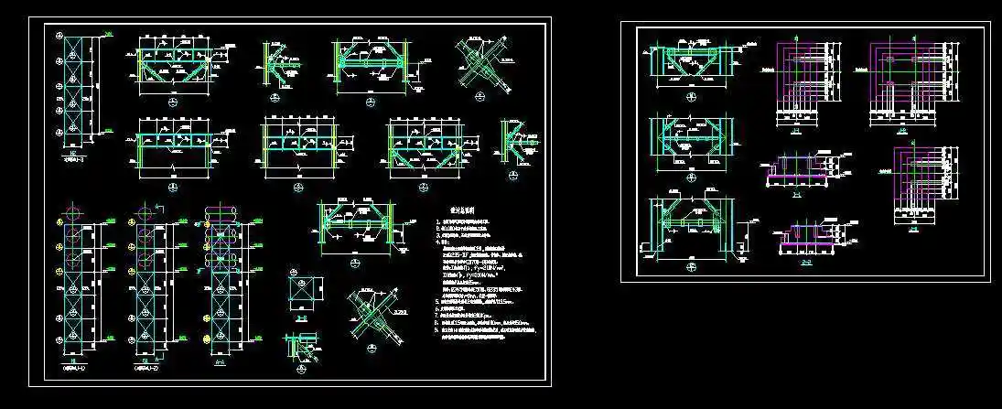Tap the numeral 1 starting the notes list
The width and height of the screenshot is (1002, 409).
coord(436,222)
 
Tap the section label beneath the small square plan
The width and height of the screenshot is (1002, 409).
coord(303,317)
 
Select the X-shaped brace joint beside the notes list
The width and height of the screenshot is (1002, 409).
coord(373,316)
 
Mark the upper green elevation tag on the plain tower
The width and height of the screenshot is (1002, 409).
coord(109,36)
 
